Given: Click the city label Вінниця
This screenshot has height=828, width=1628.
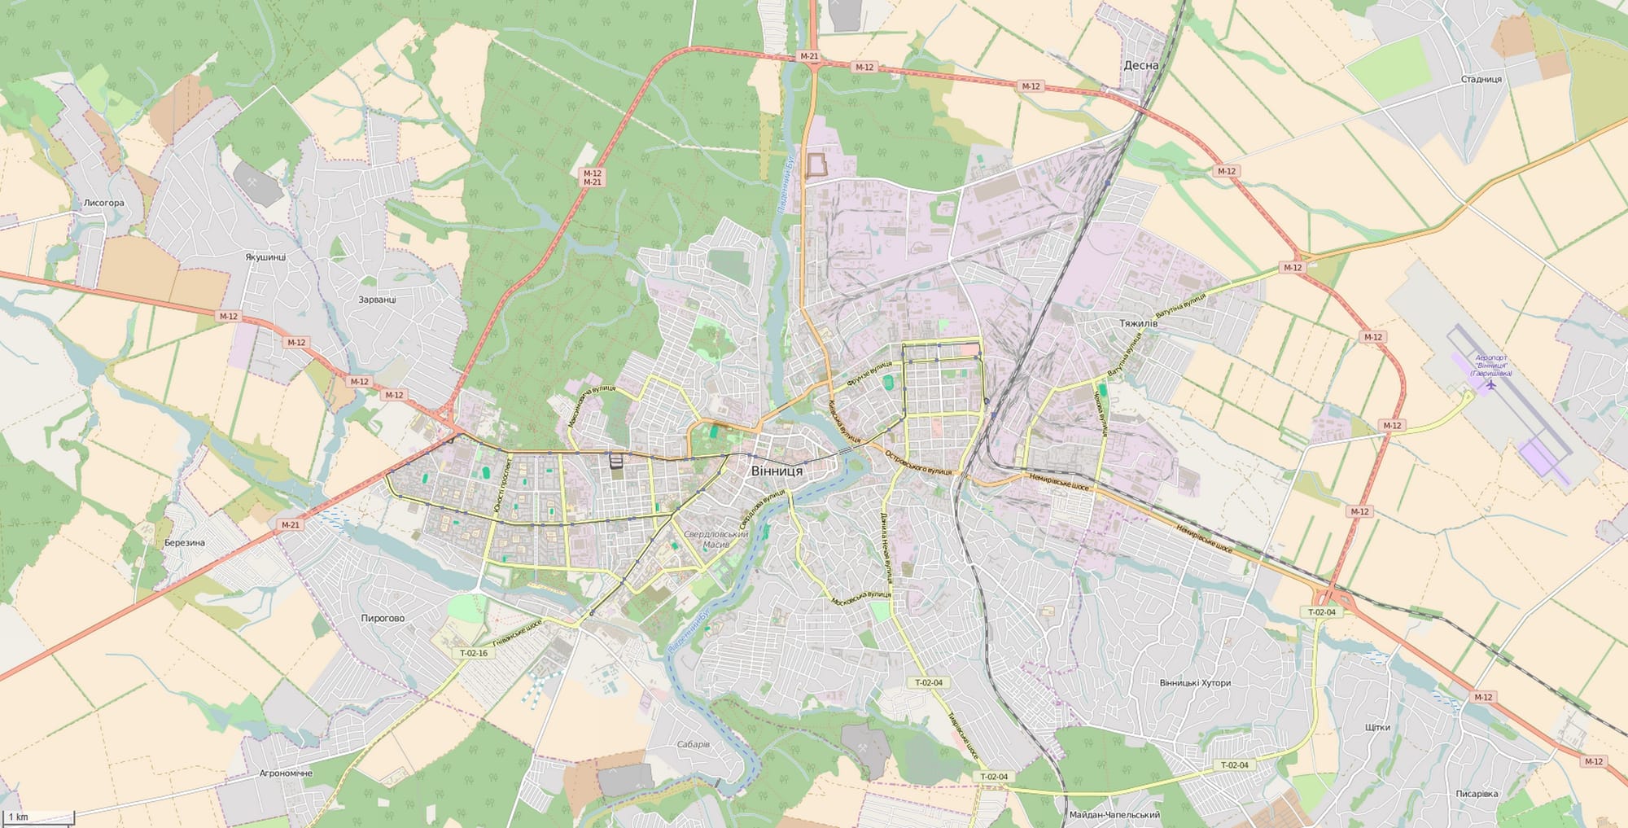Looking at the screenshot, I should (777, 471).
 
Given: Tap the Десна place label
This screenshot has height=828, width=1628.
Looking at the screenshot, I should (1140, 65).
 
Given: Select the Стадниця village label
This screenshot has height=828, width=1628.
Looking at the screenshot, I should (1481, 79).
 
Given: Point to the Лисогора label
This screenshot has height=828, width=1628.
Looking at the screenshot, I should (104, 203).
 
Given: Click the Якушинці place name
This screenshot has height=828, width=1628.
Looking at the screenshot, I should (265, 256).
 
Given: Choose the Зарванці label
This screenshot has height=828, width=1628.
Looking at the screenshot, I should (377, 299).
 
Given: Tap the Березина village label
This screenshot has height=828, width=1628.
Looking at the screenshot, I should (185, 542).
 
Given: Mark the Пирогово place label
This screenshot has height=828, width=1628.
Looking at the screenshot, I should (383, 618).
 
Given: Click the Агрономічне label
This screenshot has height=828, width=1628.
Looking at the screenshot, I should (286, 773).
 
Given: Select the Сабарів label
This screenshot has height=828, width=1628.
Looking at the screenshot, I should (694, 744).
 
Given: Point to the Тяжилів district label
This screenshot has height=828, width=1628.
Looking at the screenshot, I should (1138, 323).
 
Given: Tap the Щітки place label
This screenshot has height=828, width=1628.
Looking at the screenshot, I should (1377, 727).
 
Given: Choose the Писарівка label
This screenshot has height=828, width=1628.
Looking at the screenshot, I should (1477, 794).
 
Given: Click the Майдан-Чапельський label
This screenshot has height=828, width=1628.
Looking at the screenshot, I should (1114, 814).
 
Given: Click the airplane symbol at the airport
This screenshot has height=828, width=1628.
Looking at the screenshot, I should (1490, 384).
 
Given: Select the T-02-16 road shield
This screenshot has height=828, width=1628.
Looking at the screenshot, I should (474, 653).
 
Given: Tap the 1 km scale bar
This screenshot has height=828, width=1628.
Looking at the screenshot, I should (38, 817).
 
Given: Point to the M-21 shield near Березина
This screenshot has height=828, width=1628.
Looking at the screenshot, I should (291, 525).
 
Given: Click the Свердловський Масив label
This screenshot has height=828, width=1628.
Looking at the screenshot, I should (716, 539).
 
